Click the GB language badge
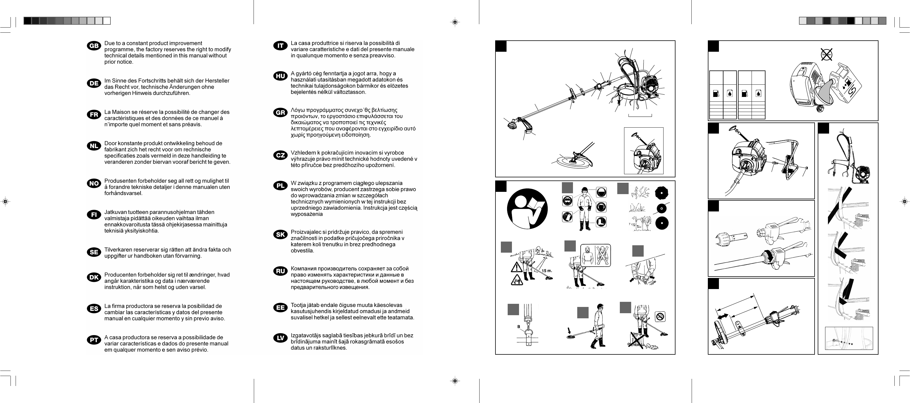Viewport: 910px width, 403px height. coord(94,46)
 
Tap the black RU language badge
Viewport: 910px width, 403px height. coord(280,271)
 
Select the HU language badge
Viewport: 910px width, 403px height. coord(280,76)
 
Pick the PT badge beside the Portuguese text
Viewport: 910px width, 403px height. coord(94,340)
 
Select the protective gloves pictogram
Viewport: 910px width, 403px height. coord(567,216)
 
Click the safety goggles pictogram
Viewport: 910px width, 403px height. coord(567,201)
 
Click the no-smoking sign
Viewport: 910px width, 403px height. coord(660,316)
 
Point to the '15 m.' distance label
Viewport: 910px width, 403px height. coord(547,271)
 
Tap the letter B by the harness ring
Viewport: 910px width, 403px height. coord(518,327)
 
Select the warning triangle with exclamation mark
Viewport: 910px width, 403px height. coord(516,267)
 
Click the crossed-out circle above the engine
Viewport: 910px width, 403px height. coord(827,55)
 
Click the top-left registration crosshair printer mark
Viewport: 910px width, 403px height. coord(455,22)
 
